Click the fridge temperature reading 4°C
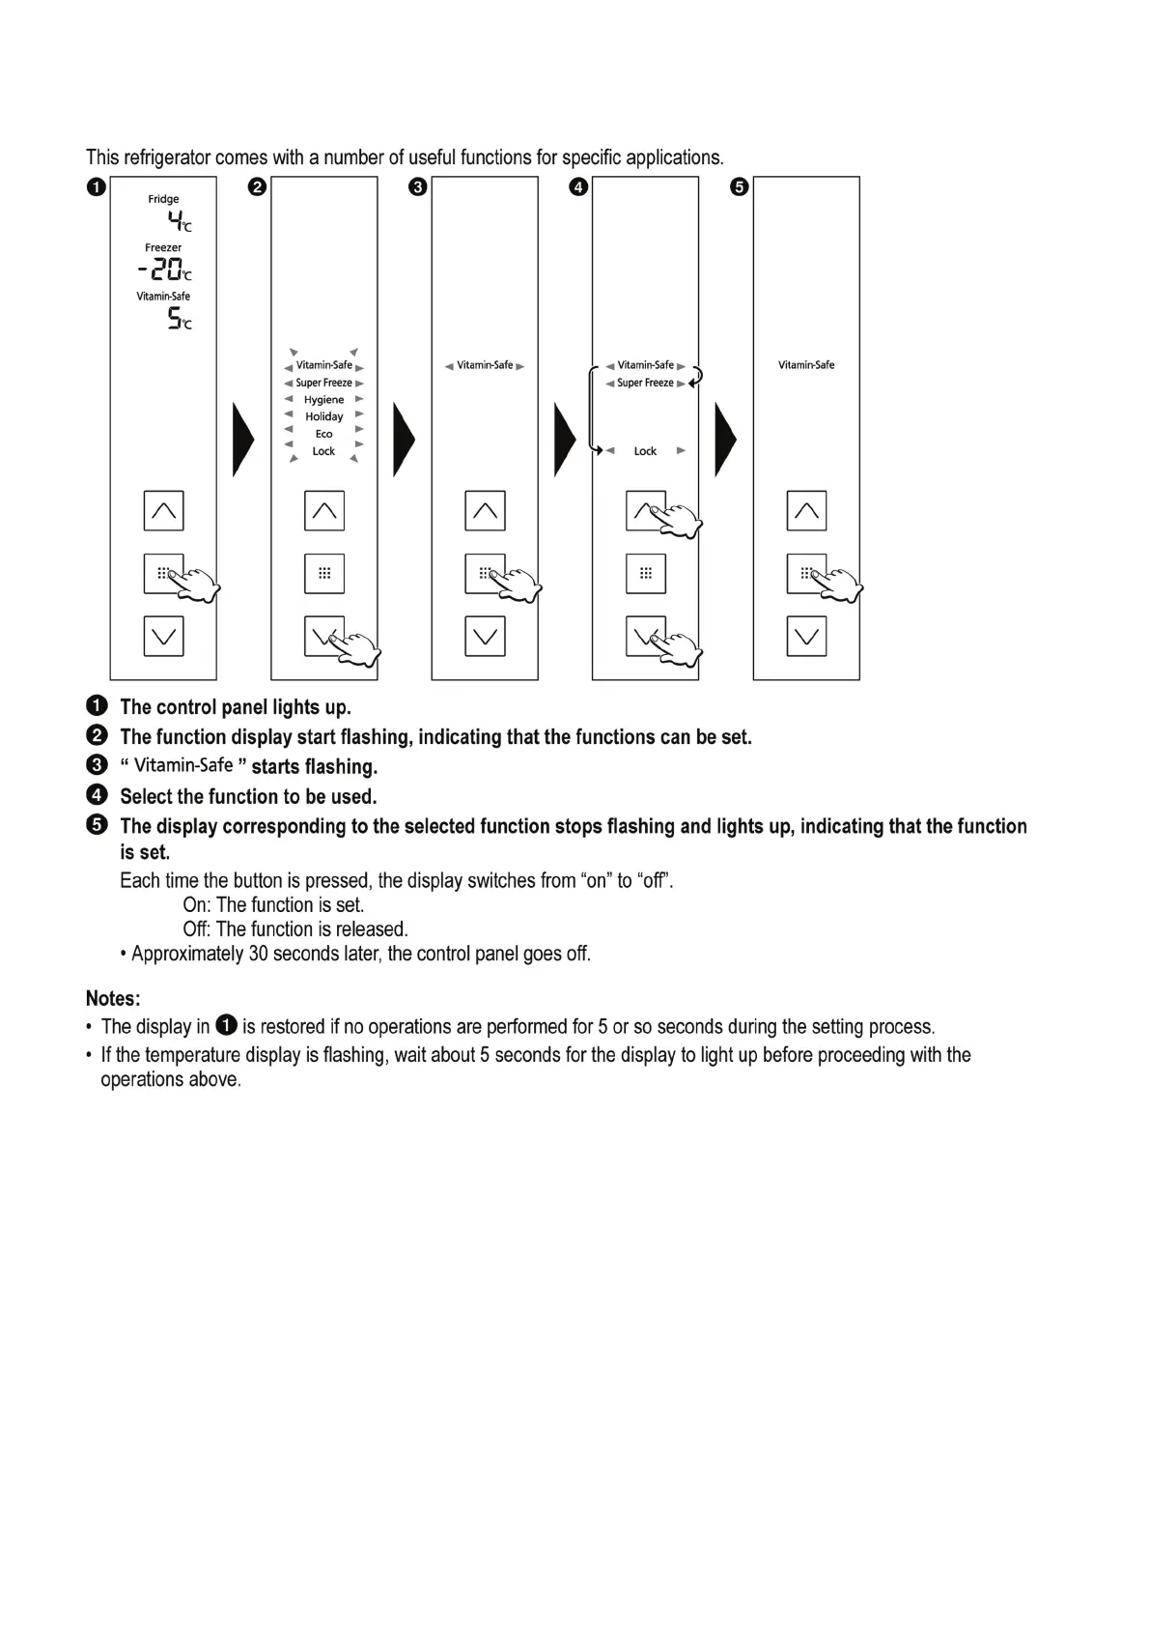180,222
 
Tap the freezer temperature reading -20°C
164,270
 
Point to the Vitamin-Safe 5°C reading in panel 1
179,319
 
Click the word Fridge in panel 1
163,199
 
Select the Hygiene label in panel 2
323,400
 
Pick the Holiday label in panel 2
323,417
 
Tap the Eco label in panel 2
323,435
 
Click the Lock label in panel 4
645,451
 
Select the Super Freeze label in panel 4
645,384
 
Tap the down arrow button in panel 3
485,636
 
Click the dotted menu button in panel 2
324,573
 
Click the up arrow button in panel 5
806,511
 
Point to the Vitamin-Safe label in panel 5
806,365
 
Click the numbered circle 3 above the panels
417,187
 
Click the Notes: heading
113,998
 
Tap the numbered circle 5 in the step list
97,825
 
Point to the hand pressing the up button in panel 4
679,522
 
